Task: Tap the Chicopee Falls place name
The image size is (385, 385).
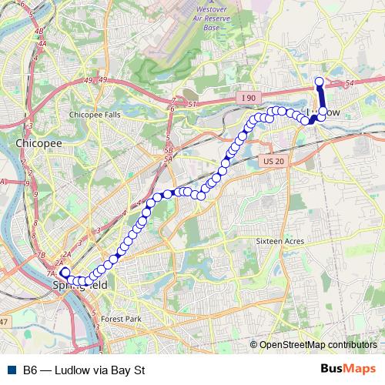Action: click(x=95, y=114)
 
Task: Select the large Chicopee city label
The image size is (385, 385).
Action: click(x=33, y=143)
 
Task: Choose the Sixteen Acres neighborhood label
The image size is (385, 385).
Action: click(x=280, y=241)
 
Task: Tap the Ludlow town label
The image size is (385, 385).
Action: click(x=323, y=112)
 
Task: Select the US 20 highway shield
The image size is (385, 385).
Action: click(x=273, y=161)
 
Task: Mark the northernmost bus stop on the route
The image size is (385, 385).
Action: click(x=320, y=82)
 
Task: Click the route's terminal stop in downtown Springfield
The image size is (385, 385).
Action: click(x=65, y=272)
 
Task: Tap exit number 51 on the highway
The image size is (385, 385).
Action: click(x=192, y=103)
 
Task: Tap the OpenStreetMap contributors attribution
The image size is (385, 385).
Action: click(x=317, y=344)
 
